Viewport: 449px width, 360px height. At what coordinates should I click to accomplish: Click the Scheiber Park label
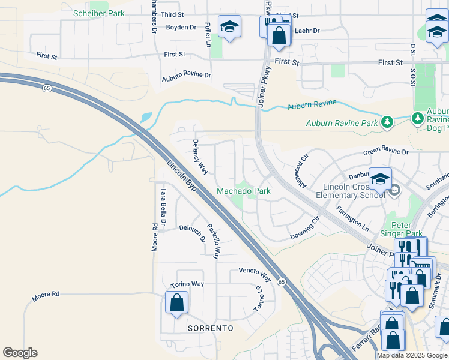pos(98,13)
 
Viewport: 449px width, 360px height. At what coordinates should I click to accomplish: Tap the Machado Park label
pos(243,191)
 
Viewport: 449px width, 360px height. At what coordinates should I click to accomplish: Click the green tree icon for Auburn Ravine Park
pos(387,123)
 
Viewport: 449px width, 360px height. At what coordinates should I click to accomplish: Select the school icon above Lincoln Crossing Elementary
pos(379,178)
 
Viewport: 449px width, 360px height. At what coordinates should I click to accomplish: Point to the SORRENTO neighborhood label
pos(210,329)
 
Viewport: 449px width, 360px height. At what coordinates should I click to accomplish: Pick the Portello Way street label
pos(212,241)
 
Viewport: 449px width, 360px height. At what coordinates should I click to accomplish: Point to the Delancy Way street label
pos(200,157)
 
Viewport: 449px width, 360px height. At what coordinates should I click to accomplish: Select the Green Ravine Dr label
pos(385,153)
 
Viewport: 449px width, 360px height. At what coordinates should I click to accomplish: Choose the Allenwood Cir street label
pos(300,172)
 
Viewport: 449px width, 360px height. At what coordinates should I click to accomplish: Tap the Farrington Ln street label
pos(352,220)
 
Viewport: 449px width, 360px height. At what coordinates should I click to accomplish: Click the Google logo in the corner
pos(20,353)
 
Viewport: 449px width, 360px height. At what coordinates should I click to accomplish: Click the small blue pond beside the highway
pos(145,118)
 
